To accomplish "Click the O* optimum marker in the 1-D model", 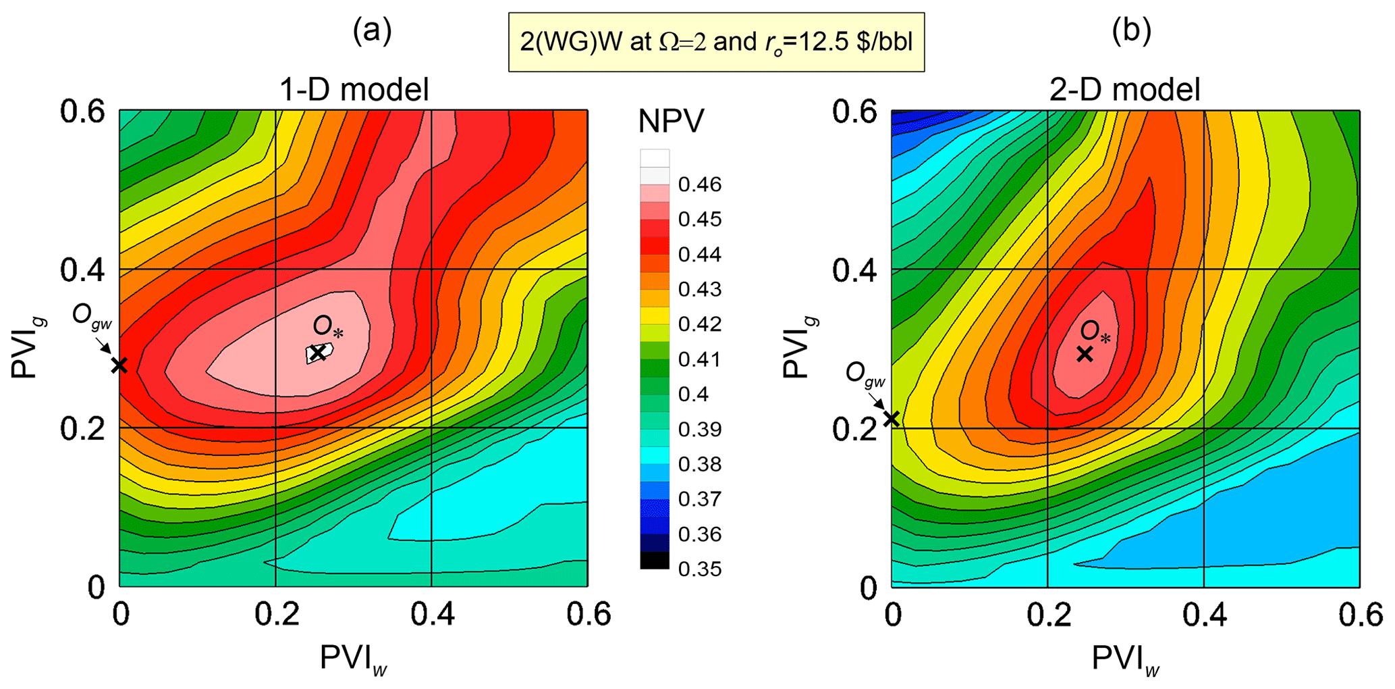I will point(318,353).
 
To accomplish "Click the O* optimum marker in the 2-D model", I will point(1085,353).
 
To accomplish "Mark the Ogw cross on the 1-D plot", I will point(119,365).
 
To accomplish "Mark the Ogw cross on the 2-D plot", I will point(892,419).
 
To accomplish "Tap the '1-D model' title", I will point(354,90).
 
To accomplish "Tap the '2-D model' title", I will point(1124,90).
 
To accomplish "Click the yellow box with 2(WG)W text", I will point(716,42).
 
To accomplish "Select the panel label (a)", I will point(372,30).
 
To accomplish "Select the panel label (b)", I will point(1131,30).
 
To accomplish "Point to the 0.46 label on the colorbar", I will point(700,184).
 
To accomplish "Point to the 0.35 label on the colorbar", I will point(700,569).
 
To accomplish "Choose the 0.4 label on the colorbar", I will point(694,394).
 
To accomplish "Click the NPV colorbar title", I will point(671,122).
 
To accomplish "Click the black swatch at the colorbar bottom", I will point(655,561).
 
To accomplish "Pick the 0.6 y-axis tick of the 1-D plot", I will point(83,111).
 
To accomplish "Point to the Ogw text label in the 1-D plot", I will point(92,315).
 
